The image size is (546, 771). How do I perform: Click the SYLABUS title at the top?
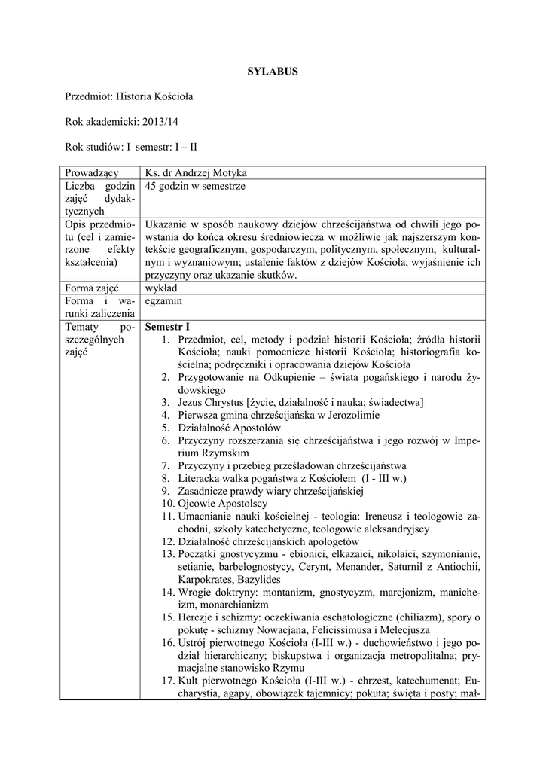(x=273, y=72)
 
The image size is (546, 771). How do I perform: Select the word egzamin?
(x=166, y=300)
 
